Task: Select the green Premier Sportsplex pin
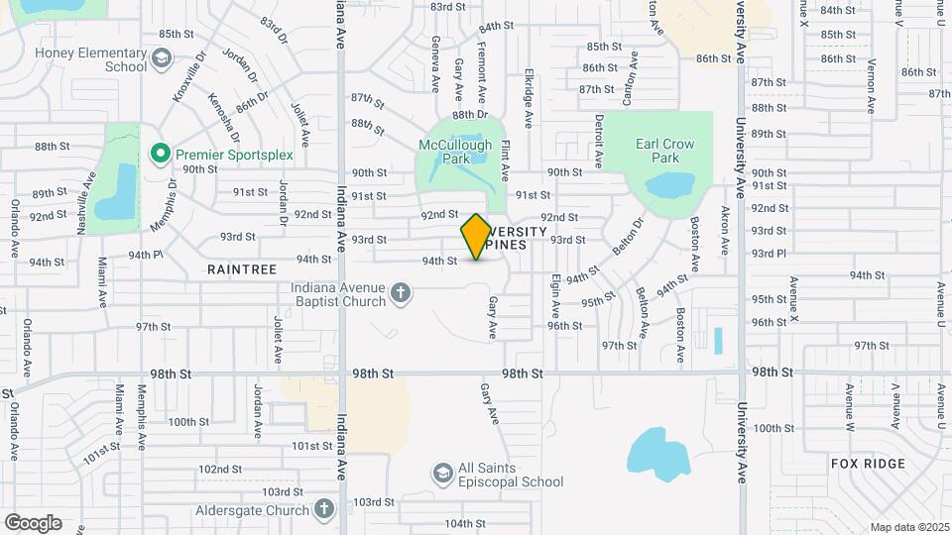pyautogui.click(x=158, y=154)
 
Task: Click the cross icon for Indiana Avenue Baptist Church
pyautogui.click(x=400, y=292)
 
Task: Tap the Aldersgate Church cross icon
pyautogui.click(x=322, y=508)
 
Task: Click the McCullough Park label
pyautogui.click(x=455, y=151)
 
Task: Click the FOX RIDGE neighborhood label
pyautogui.click(x=870, y=464)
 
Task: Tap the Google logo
pyautogui.click(x=33, y=522)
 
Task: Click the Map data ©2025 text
pyautogui.click(x=909, y=527)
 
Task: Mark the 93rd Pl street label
pyautogui.click(x=769, y=254)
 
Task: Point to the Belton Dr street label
pyautogui.click(x=627, y=237)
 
